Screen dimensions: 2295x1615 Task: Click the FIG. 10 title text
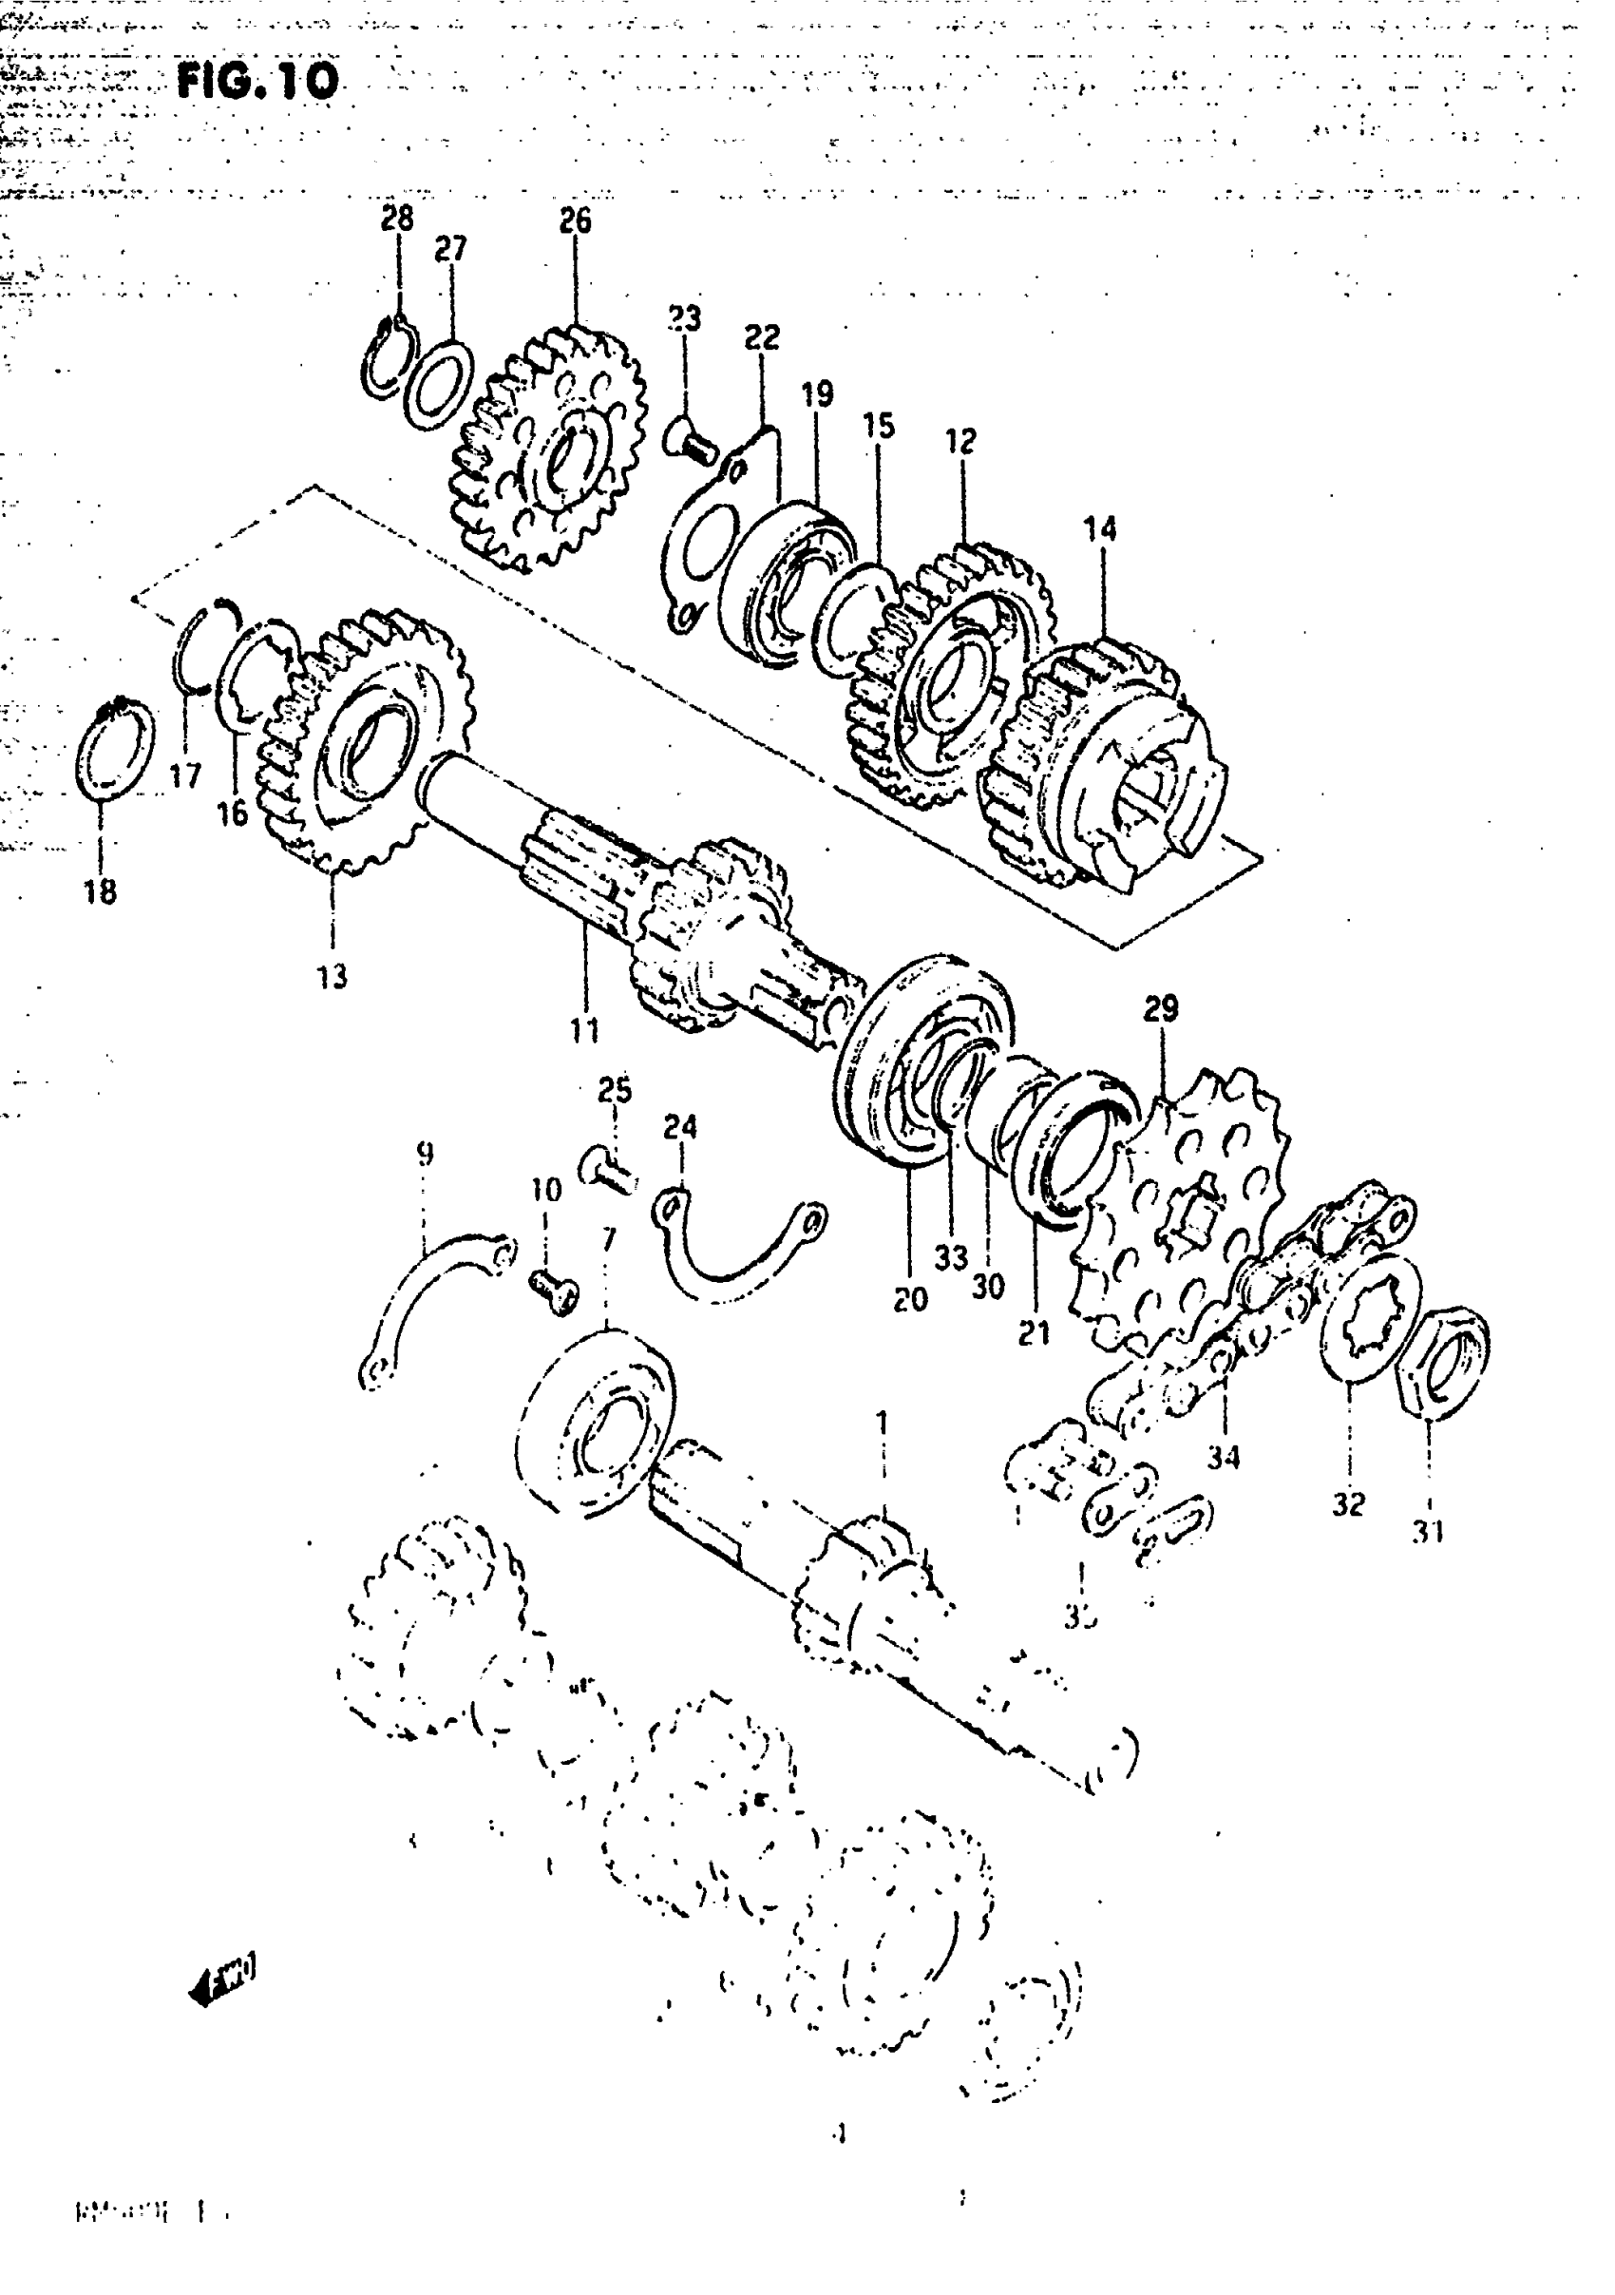pyautogui.click(x=257, y=80)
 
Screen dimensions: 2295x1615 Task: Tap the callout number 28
pyautogui.click(x=397, y=218)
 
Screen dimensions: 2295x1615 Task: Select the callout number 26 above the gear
pyautogui.click(x=575, y=220)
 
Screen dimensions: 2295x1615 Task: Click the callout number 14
pyautogui.click(x=1100, y=528)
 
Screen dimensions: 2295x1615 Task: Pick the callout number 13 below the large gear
pyautogui.click(x=332, y=976)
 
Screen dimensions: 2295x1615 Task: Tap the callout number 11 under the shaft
pyautogui.click(x=584, y=1029)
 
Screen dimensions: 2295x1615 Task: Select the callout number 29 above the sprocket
pyautogui.click(x=1160, y=1008)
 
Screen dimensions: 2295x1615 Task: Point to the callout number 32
pyautogui.click(x=1348, y=1503)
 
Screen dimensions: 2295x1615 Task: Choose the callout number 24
pyautogui.click(x=680, y=1127)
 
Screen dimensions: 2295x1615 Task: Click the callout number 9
pyautogui.click(x=425, y=1156)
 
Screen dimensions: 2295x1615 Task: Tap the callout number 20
pyautogui.click(x=910, y=1298)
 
